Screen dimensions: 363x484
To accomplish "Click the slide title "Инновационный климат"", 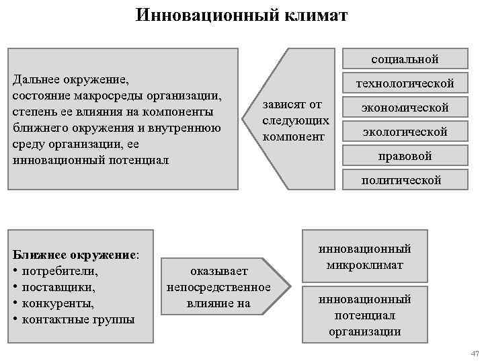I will pos(241,15).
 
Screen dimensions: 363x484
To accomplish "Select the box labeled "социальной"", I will pos(405,59).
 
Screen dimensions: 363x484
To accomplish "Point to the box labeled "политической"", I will pos(401,180).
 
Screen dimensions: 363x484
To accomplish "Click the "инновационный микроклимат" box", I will pos(365,257).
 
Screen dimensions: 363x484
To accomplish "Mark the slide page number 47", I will pos(473,354).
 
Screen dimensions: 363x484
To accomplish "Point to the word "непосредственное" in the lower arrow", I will pos(218,288).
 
